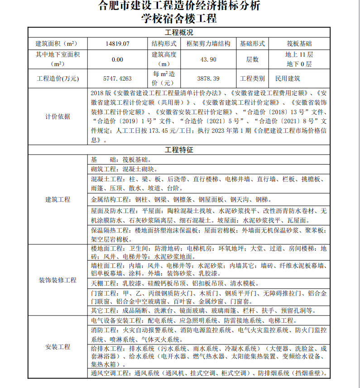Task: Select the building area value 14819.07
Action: pos(117,44)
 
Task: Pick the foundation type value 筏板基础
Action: pos(299,44)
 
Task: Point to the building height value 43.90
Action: pos(208,59)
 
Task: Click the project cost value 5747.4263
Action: pos(117,78)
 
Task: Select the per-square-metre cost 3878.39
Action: pos(208,78)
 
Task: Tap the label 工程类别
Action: pos(252,78)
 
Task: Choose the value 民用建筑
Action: pos(288,78)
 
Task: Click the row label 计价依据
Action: pos(58,116)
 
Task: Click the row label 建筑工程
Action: pos(58,199)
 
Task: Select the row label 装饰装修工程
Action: pos(58,280)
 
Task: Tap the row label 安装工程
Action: pos(58,347)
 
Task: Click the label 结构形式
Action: pos(163,44)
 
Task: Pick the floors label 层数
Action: pos(252,59)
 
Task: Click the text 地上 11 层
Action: pos(299,54)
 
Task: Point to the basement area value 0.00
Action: pos(117,59)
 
